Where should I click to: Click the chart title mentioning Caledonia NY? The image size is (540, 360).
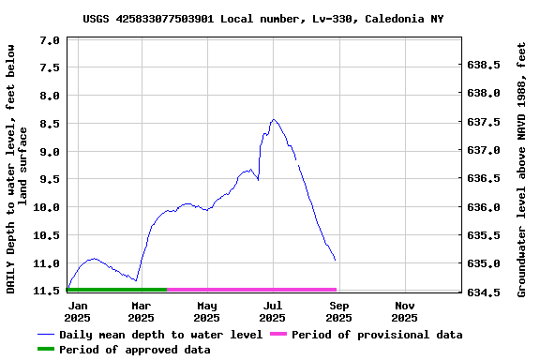click(x=262, y=18)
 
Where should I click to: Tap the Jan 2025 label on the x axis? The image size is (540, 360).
click(x=78, y=311)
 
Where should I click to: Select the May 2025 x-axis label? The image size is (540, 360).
click(x=207, y=311)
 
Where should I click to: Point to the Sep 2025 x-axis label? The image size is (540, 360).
click(x=339, y=311)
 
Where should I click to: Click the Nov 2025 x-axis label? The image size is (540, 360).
click(x=405, y=311)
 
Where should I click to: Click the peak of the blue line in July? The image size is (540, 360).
click(x=273, y=120)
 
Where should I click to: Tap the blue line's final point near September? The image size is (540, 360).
click(x=335, y=260)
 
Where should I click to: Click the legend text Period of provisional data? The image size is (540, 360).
click(x=377, y=335)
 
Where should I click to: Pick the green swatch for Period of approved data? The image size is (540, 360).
click(x=46, y=350)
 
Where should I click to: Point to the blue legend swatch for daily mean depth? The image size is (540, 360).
click(x=46, y=335)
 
